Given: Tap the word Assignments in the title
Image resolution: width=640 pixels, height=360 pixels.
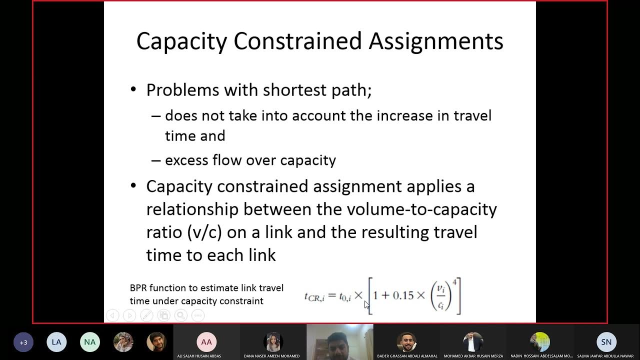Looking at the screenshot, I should [435, 41].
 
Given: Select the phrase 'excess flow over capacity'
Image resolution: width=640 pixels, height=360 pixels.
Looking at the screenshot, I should [250, 160].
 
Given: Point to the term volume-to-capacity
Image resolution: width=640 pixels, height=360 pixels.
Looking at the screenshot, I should [407, 209].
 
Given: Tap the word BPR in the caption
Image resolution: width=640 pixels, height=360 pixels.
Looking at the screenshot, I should [138, 288].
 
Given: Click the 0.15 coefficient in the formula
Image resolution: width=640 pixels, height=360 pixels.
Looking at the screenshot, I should [403, 295].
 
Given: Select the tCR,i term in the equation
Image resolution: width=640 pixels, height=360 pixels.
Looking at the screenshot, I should [314, 296].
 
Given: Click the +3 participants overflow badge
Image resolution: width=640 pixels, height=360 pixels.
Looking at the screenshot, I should [23, 342].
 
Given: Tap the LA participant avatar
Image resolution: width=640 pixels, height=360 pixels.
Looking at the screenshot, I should [56, 342].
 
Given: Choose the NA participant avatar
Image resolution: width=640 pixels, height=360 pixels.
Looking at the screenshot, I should [89, 342].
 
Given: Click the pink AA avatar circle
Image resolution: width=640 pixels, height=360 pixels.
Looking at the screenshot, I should [206, 341].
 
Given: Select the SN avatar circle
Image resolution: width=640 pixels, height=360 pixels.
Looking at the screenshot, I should [606, 342].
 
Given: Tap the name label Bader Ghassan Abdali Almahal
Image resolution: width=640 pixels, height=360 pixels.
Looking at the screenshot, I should [406, 356].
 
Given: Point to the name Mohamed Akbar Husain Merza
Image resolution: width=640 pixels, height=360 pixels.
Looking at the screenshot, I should [473, 356].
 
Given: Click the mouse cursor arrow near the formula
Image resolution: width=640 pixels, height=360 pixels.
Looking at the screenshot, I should [366, 305].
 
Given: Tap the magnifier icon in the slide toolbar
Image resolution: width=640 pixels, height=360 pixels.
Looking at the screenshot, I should [180, 315].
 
